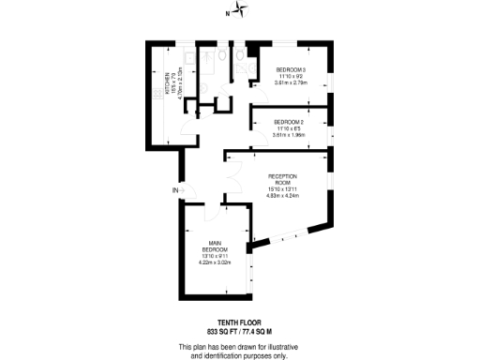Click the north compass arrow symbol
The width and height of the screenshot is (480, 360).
tap(242, 11)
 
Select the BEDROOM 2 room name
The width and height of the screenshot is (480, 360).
tap(289, 122)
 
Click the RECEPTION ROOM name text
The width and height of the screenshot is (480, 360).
tap(283, 179)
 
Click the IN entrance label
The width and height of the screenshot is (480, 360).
tap(174, 191)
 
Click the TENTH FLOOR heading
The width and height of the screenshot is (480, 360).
tap(239, 322)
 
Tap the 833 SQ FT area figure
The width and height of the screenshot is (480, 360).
tap(222, 331)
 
